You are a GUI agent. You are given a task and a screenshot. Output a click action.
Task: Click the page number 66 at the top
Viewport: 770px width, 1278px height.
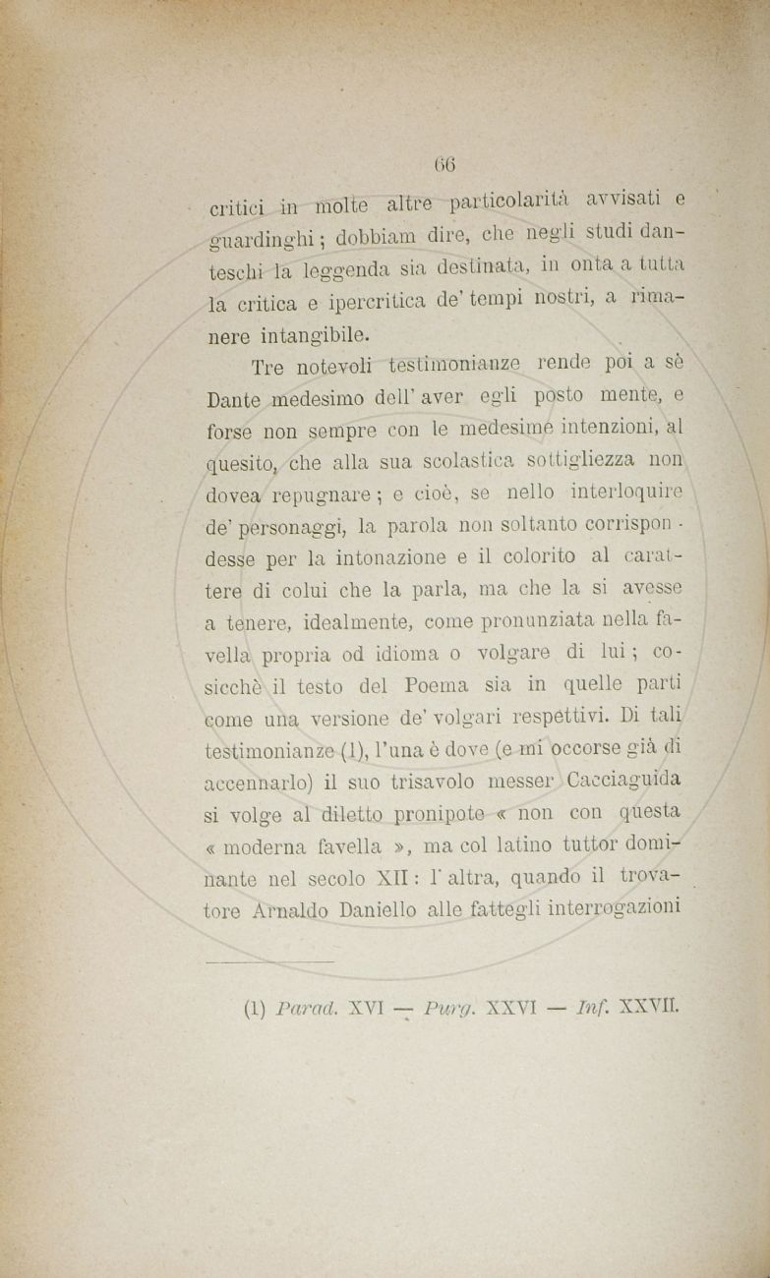(444, 164)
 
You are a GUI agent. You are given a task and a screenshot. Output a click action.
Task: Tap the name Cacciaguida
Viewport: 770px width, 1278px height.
(624, 781)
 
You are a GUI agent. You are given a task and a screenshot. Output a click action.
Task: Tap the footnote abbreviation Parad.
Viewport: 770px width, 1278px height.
(308, 1008)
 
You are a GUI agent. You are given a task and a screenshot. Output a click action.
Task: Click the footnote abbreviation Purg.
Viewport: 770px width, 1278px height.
(467, 1008)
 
